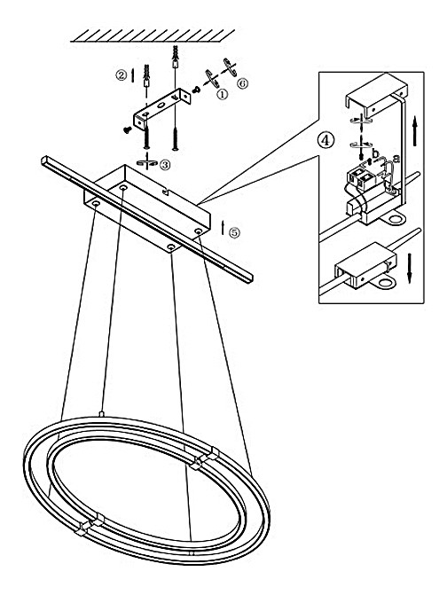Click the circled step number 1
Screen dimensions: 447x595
222,94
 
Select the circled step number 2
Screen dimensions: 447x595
121,74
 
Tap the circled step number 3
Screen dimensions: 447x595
165,165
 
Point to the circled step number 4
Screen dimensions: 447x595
326,139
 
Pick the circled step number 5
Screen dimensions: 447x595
235,232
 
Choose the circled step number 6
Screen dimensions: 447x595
242,83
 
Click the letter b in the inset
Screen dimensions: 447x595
376,153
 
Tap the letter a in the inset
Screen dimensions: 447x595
396,158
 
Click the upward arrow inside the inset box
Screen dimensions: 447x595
415,130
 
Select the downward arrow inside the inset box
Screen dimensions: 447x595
410,268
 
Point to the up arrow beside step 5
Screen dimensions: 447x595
223,227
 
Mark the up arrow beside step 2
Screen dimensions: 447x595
132,74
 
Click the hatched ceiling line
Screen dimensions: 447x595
153,36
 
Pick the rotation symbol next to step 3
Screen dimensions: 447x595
146,162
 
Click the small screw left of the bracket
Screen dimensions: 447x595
127,130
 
